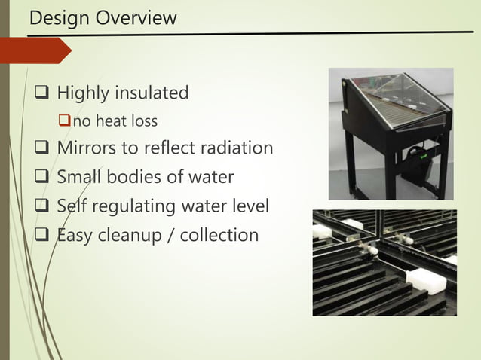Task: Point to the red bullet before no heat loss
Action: tap(65, 121)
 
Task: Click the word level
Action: tap(247, 206)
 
